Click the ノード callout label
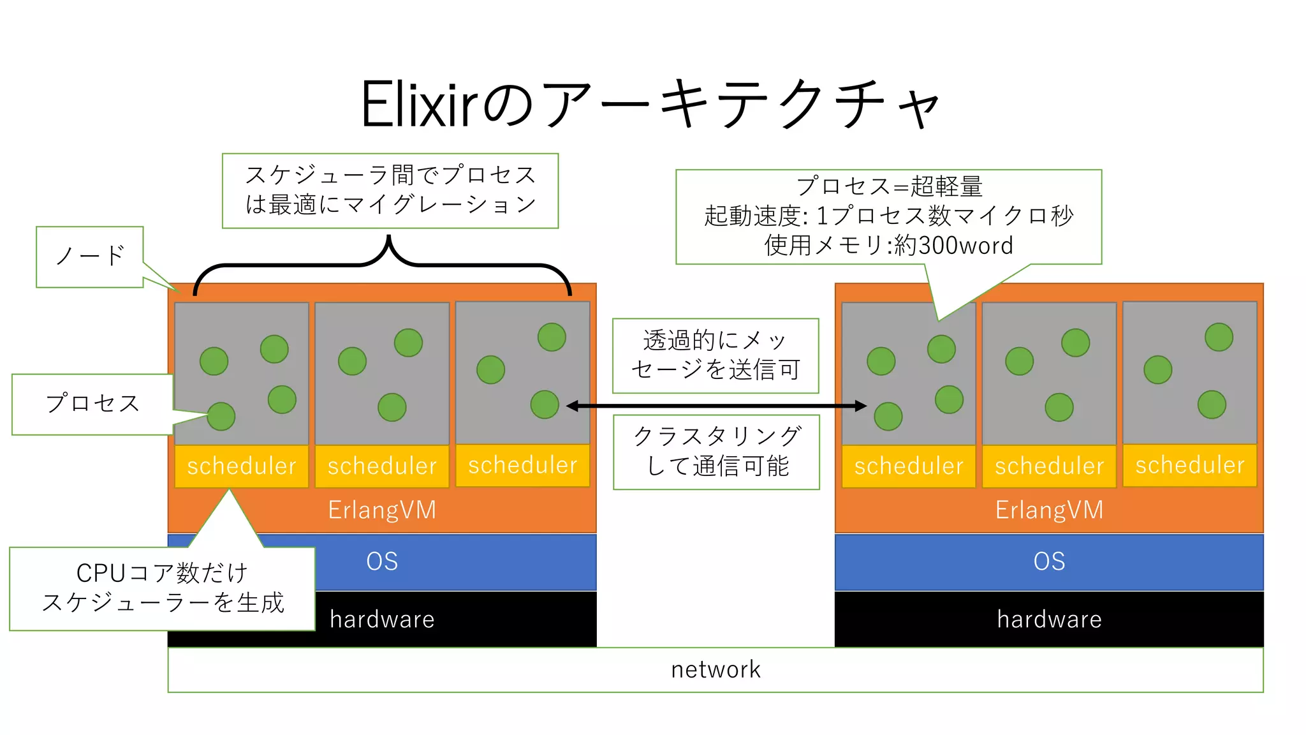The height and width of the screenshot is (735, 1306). pos(90,256)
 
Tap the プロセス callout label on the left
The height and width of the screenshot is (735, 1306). pos(92,404)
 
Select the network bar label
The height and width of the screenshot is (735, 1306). pos(715,669)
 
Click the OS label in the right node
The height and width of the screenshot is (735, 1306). pos(1049,561)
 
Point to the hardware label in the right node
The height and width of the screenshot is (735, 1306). pos(1049,620)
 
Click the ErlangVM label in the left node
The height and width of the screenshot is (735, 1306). pos(382,510)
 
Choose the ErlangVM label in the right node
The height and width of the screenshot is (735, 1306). pos(1049,510)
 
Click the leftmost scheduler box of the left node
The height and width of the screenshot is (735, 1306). pos(242,466)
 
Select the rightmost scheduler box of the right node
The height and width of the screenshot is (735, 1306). pos(1190,465)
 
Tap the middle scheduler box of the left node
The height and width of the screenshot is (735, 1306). pos(382,466)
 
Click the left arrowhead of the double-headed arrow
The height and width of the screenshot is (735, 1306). pos(572,406)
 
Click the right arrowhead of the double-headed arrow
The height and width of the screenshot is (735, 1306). pos(861,406)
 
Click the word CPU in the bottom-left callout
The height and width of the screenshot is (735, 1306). pos(101,573)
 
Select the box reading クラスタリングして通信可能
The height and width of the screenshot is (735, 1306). pos(716,452)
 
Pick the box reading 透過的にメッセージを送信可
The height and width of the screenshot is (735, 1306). pos(715,355)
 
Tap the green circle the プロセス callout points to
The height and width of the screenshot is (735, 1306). pos(221,417)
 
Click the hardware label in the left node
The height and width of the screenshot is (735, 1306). pos(382,620)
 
